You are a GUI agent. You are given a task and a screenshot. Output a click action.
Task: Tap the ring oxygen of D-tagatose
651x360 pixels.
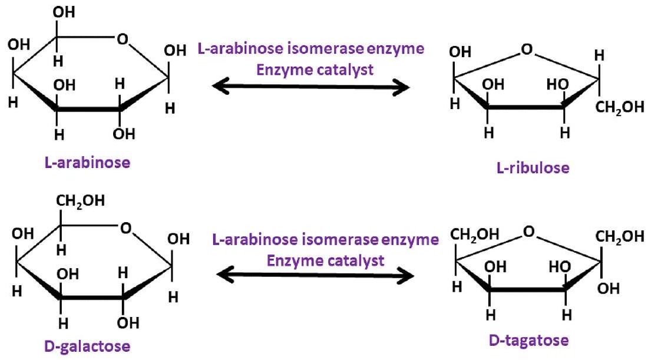(528, 233)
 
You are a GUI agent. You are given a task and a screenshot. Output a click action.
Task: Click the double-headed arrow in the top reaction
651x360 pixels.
(310, 88)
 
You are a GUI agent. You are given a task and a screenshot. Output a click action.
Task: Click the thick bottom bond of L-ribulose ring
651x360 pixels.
(524, 107)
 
